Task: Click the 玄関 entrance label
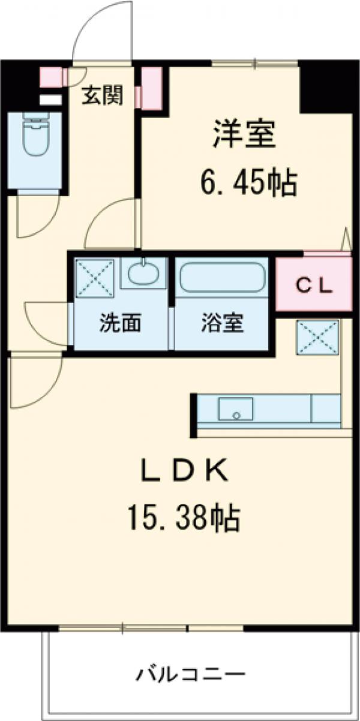(x=103, y=95)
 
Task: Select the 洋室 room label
(x=244, y=134)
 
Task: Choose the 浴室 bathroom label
(x=222, y=323)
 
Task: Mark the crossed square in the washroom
(x=94, y=278)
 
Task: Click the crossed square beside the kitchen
(x=318, y=338)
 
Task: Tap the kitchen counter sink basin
(x=235, y=410)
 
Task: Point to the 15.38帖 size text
(x=184, y=517)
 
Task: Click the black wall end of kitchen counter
(x=194, y=414)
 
